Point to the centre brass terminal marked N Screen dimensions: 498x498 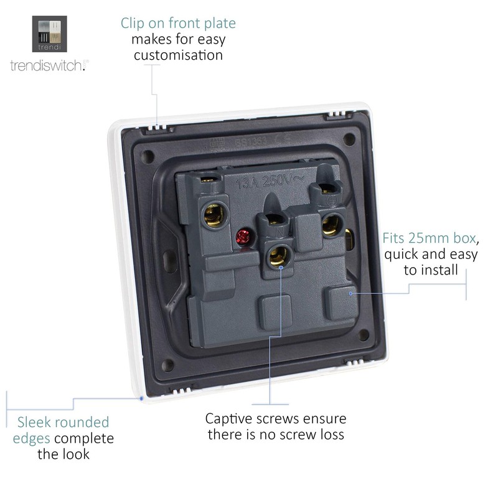coord(277,254)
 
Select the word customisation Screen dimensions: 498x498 coord(177,55)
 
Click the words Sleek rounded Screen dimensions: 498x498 coord(63,422)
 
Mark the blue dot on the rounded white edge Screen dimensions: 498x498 coord(142,397)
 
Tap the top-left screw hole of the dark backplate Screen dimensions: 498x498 coord(147,153)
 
